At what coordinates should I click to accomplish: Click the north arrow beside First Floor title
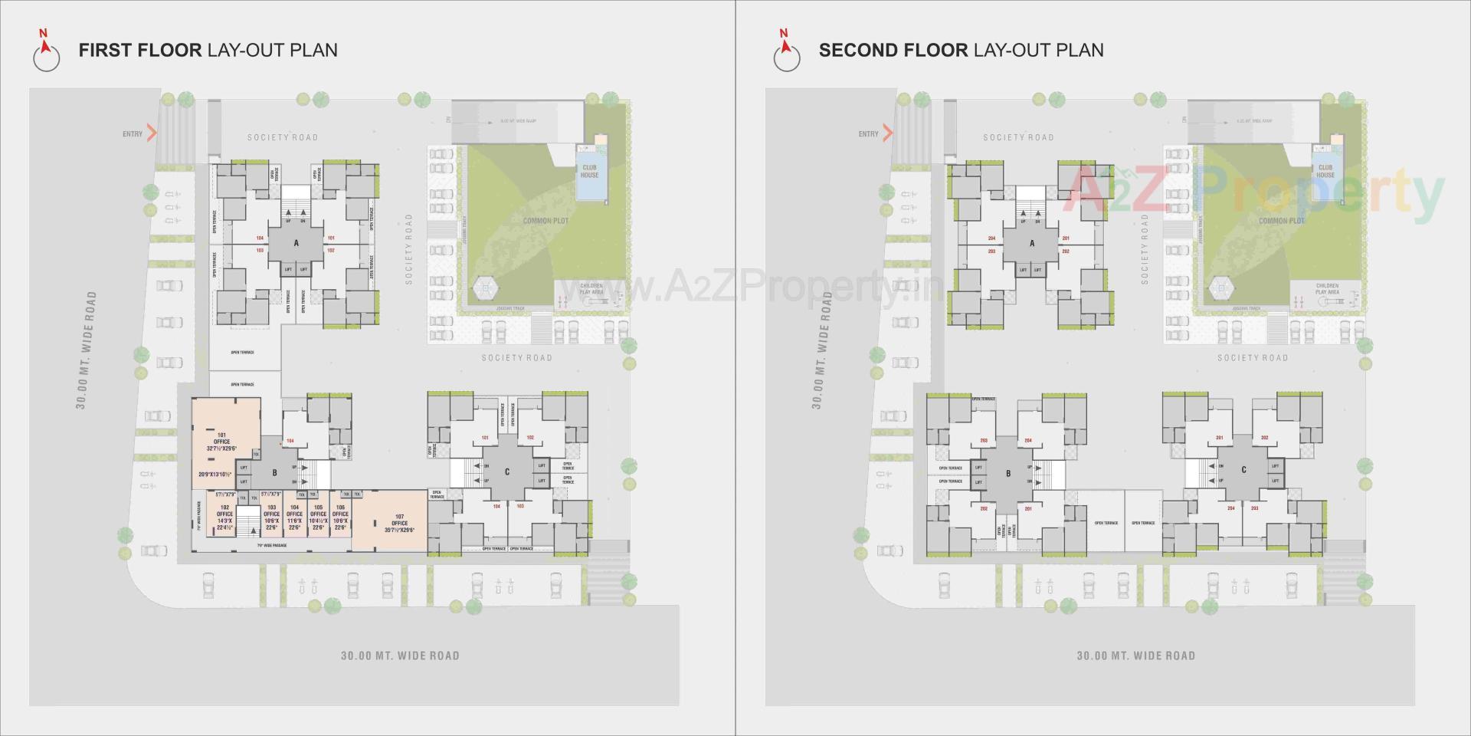point(46,52)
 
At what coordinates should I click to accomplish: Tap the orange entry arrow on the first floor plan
point(152,133)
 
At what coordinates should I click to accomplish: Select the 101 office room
point(222,442)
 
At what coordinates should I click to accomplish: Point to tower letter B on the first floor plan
point(274,473)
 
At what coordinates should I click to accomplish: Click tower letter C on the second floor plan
point(1243,470)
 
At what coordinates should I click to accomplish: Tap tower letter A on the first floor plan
point(296,243)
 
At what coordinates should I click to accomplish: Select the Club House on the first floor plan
point(589,172)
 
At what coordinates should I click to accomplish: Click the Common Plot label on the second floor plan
point(1282,221)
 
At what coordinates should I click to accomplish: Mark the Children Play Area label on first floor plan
point(591,289)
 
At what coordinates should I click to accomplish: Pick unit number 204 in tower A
point(991,238)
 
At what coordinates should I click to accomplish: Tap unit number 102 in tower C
point(530,438)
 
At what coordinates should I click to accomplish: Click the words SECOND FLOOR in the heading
point(893,51)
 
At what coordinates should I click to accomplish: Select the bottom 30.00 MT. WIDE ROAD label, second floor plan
point(1135,655)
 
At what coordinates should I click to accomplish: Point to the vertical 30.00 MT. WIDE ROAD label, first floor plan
point(86,350)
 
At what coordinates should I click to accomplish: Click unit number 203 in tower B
point(984,441)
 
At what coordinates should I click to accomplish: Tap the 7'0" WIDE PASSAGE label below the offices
point(271,545)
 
